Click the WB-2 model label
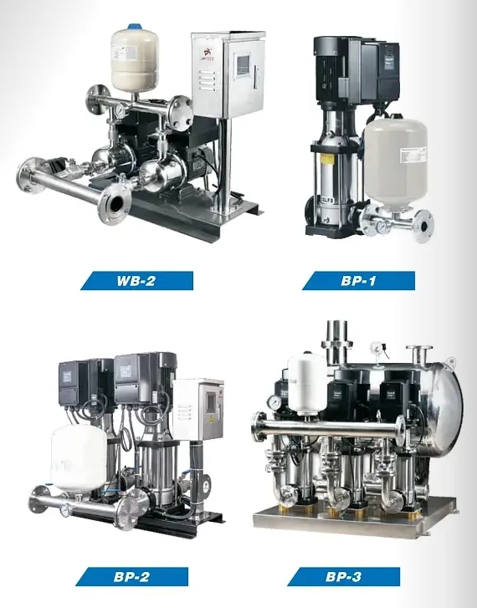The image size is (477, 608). point(136,280)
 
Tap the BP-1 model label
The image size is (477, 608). point(358,280)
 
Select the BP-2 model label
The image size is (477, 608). point(131,576)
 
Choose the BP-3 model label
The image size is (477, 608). point(343,576)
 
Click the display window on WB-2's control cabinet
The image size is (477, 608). point(243,64)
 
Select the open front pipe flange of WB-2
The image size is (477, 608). point(115,204)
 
